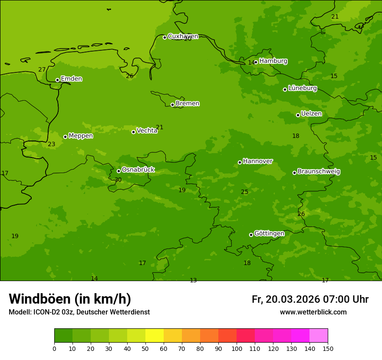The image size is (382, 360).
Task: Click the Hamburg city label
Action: tap(273, 61)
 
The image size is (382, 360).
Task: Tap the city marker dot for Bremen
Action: tap(172, 105)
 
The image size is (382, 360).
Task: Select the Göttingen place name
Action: tap(269, 233)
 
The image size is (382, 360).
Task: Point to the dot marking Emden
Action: tap(57, 80)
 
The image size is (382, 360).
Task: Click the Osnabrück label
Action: tap(138, 170)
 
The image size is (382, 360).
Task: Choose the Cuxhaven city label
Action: tap(183, 36)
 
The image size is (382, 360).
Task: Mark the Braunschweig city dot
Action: tap(294, 173)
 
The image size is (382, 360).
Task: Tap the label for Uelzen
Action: tap(311, 114)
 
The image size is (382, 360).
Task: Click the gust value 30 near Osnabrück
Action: tap(118, 180)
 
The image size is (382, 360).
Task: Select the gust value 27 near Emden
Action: tap(42, 69)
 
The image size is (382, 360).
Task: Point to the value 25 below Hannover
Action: tap(245, 192)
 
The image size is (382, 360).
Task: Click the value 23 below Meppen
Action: tap(52, 144)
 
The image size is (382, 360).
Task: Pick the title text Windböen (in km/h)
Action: tap(70, 299)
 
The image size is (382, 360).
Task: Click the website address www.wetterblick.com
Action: tap(313, 312)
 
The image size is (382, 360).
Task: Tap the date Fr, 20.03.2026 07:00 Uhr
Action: tap(310, 299)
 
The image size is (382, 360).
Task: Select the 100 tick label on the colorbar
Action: tap(237, 348)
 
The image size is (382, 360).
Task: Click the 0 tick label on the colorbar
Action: tap(54, 348)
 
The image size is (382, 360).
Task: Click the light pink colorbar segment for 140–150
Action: tap(319, 336)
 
